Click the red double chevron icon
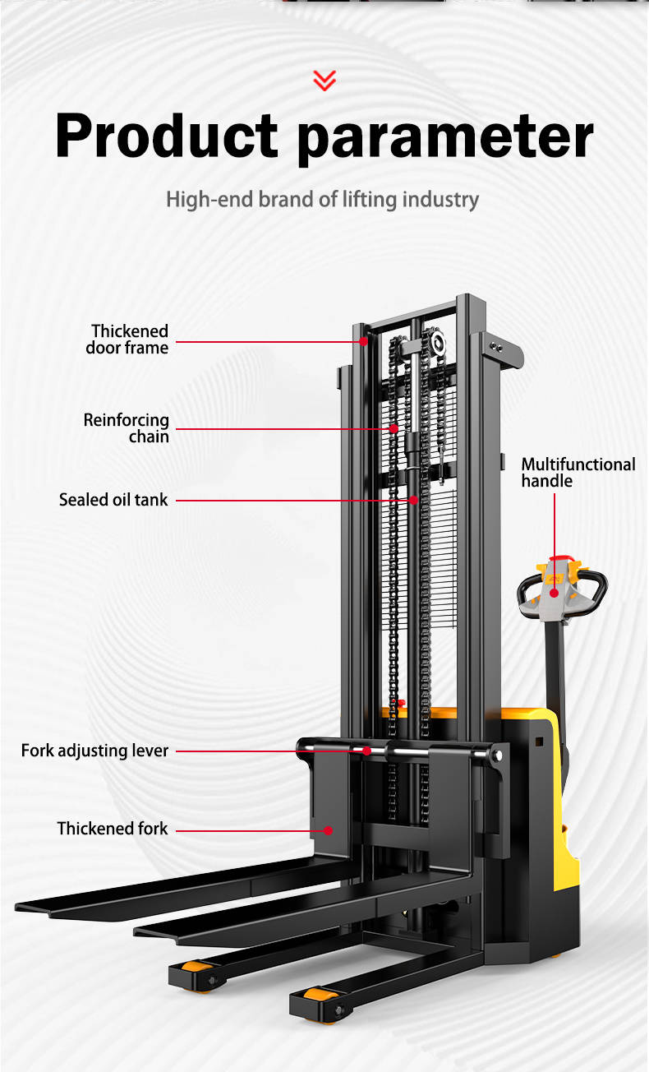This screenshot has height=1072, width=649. (x=324, y=80)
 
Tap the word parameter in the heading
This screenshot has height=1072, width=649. (x=444, y=136)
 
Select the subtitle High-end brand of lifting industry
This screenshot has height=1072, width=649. (x=322, y=200)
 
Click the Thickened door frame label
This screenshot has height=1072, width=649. (x=129, y=340)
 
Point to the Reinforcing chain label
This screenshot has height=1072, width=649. (x=127, y=428)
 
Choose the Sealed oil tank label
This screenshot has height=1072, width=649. (x=113, y=500)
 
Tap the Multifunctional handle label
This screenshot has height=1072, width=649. (x=578, y=472)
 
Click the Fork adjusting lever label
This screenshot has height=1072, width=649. (x=94, y=751)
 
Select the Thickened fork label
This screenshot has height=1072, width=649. (x=113, y=829)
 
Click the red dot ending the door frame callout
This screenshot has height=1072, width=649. (x=363, y=340)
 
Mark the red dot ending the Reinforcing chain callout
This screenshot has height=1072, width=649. (x=394, y=428)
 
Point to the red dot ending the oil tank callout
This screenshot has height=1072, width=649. (x=414, y=500)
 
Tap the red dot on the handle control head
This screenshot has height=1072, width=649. (x=554, y=593)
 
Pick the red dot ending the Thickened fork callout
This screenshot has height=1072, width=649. (x=328, y=830)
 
